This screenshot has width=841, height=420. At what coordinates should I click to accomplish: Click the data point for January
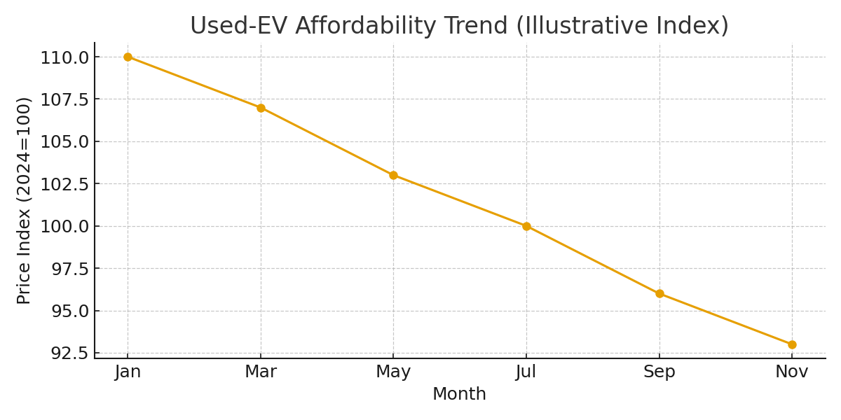[128, 57]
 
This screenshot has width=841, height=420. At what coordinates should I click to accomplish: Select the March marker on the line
[261, 108]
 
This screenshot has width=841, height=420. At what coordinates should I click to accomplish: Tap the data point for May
[393, 175]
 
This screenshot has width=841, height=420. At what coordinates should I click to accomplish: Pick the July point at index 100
[526, 226]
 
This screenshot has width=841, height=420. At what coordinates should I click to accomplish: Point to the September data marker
[659, 293]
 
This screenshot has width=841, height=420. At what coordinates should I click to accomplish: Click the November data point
[792, 344]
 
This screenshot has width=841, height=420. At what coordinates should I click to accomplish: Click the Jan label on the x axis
[128, 372]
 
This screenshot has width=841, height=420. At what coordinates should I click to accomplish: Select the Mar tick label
[261, 372]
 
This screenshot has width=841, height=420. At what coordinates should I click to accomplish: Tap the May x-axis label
[393, 372]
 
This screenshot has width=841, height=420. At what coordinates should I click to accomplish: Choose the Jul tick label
[526, 372]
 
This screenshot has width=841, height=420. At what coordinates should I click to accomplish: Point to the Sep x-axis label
[659, 372]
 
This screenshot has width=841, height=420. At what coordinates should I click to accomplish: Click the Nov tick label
[792, 372]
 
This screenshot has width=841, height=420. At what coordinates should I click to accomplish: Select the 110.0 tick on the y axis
[64, 57]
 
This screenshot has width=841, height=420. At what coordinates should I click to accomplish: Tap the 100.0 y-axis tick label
[64, 226]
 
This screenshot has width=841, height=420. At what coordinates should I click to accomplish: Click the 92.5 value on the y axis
[69, 353]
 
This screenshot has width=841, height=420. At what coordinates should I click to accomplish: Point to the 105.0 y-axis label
[64, 141]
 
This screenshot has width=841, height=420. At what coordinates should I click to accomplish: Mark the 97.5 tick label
[69, 269]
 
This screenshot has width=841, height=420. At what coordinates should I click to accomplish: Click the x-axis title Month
[459, 395]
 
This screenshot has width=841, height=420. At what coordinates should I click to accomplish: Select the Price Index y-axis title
[25, 200]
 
